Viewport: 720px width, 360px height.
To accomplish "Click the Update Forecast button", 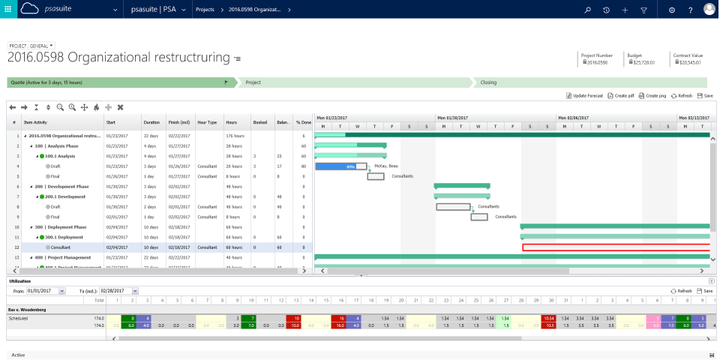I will coord(584,96).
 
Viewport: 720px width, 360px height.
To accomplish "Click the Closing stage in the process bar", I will coord(488,82).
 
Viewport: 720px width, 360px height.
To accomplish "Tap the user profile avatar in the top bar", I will coord(709,10).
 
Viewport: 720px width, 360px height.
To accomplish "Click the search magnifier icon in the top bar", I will coord(587,10).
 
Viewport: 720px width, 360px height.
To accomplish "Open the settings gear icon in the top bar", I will coord(672,10).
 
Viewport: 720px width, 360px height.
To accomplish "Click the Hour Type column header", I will coord(207,121).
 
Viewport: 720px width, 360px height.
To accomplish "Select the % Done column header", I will coord(303,121).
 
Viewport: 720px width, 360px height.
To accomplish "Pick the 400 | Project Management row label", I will coord(68,257).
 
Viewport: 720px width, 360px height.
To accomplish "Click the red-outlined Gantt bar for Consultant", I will coord(615,247).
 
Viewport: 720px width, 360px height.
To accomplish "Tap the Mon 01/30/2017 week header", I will coord(457,118).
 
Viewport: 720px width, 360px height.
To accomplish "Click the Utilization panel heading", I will coord(19,280).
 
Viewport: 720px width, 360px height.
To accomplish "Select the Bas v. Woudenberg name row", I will coord(27,309).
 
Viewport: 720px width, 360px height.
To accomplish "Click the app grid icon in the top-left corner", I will coord(8,10).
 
